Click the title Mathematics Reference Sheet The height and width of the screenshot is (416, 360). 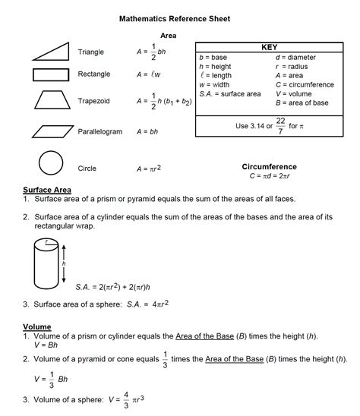tap(174, 17)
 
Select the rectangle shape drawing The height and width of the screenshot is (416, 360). tap(50, 74)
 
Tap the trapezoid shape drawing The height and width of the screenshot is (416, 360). tap(50, 101)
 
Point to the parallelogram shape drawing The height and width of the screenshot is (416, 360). tap(52, 131)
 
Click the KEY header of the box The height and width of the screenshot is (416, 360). tap(269, 47)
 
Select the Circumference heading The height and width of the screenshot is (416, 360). tap(269, 166)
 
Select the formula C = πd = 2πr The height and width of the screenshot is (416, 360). tap(270, 176)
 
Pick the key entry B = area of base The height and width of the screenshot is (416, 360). tap(302, 102)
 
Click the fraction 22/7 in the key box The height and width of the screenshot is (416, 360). tap(280, 125)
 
